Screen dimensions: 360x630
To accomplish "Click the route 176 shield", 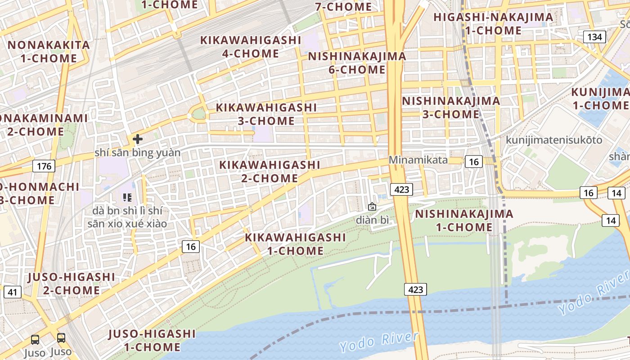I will click(44, 166).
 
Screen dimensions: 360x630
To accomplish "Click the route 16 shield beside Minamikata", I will click(474, 162).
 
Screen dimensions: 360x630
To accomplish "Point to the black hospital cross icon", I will click(138, 139).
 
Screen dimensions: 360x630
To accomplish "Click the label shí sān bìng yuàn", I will click(137, 153).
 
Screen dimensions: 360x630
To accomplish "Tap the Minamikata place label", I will click(418, 160).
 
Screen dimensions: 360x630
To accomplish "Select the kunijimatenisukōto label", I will click(554, 140).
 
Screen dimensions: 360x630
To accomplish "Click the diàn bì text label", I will click(372, 220).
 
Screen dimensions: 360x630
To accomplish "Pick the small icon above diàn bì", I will click(372, 207).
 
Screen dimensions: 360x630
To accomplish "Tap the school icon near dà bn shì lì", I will click(127, 197).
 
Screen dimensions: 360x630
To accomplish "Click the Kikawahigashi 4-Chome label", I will click(251, 47).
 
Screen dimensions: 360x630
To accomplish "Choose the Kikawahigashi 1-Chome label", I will click(295, 244).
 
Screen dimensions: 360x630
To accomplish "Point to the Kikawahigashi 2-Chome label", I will click(270, 171).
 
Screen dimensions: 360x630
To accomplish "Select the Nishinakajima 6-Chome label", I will click(357, 63).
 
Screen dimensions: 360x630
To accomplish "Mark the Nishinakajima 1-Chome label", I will click(464, 220).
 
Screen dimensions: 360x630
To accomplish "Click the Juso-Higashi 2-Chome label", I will click(72, 283).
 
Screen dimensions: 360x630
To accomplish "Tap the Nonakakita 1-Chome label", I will click(49, 51).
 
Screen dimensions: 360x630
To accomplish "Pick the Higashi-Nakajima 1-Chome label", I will click(493, 24).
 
